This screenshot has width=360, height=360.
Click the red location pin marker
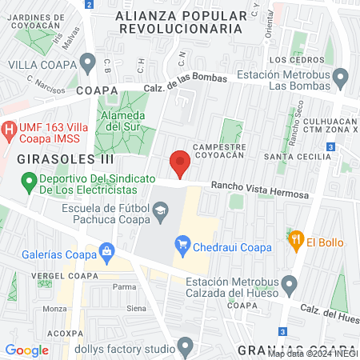180,162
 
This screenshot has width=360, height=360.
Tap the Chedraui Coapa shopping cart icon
182,243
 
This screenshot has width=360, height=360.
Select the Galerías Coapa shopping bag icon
106,254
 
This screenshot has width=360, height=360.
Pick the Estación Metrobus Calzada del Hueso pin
290,284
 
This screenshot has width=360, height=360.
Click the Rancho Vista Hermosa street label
259,189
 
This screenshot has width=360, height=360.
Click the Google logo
26,350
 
